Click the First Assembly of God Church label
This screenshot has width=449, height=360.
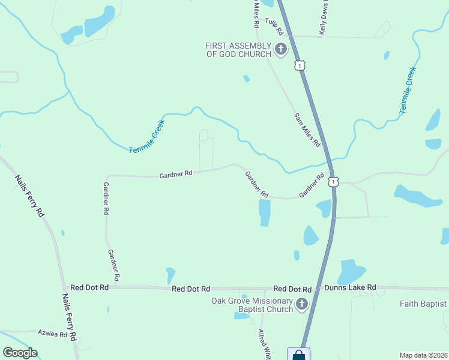(x=239, y=50)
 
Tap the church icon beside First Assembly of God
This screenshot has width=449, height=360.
(x=280, y=49)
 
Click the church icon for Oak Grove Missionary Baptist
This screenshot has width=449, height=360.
(x=301, y=305)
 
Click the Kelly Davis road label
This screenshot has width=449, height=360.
(x=324, y=18)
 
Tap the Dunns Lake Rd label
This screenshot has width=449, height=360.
(x=350, y=288)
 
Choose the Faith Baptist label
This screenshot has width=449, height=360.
(x=424, y=304)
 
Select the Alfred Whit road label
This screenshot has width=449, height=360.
(x=264, y=344)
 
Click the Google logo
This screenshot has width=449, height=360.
(x=20, y=353)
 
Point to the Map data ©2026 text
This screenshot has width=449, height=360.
(x=423, y=354)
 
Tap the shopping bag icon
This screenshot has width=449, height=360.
(x=298, y=355)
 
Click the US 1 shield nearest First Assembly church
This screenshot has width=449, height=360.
(x=298, y=64)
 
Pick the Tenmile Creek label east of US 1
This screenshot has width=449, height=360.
(x=408, y=90)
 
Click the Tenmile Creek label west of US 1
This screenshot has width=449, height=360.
(x=146, y=136)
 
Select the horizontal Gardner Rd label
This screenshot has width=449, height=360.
(x=176, y=173)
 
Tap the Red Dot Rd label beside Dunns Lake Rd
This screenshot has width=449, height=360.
(x=292, y=289)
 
